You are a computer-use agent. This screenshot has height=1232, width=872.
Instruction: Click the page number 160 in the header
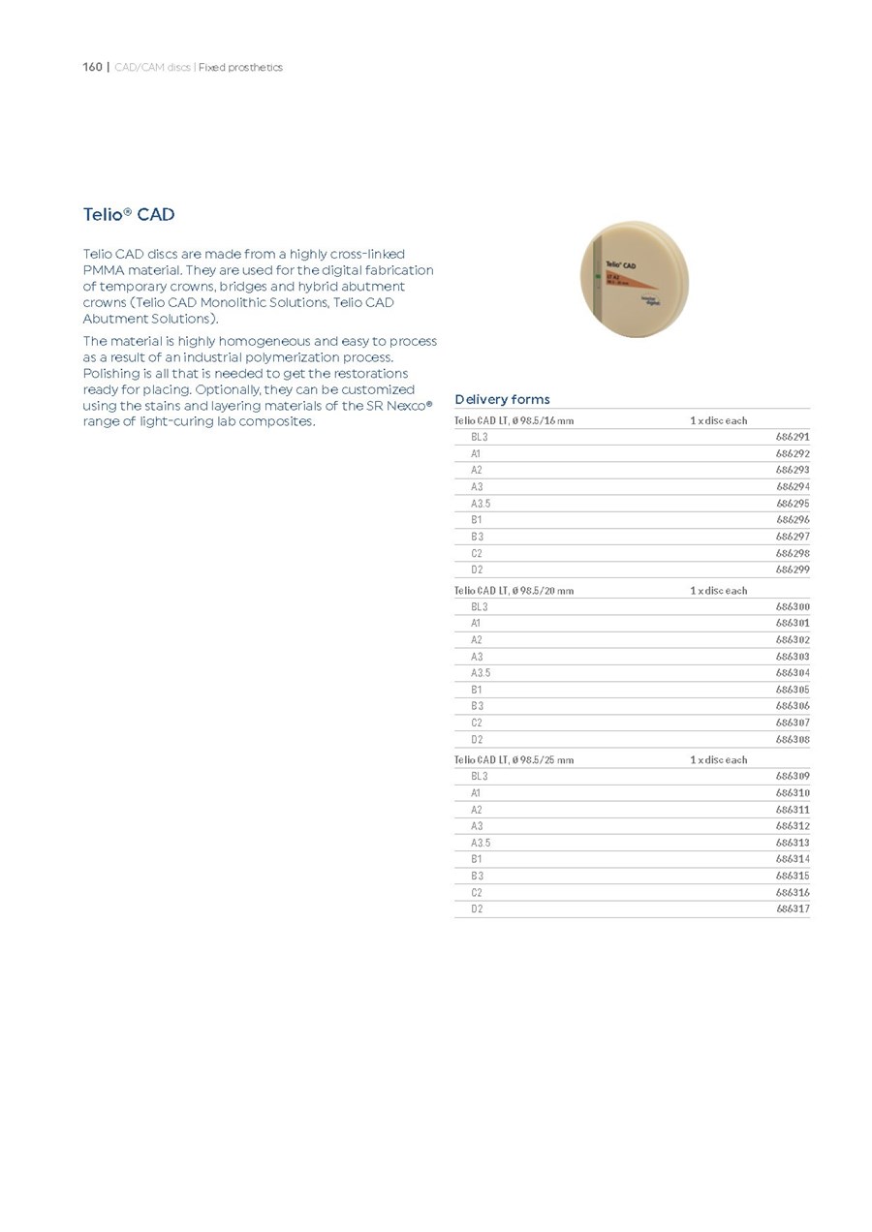tap(92, 67)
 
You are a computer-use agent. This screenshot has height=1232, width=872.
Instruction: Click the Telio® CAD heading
tap(129, 214)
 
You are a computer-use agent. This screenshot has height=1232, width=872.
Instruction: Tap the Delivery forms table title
tap(502, 399)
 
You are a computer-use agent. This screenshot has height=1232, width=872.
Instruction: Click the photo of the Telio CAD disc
tap(635, 278)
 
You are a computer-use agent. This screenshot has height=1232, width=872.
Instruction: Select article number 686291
tap(793, 437)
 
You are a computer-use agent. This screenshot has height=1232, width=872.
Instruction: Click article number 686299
tap(793, 570)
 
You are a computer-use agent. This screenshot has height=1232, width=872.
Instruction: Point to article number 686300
tap(793, 606)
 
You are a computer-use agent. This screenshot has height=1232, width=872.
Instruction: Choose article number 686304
tap(793, 673)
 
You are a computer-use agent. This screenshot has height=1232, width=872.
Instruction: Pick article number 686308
tap(793, 740)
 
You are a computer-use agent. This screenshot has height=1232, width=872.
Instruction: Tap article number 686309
tap(793, 776)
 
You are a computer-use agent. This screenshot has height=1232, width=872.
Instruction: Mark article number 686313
tap(793, 843)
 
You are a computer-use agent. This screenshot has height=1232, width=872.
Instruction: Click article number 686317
tap(793, 909)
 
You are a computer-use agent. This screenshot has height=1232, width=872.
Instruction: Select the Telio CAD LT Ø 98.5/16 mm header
tap(514, 420)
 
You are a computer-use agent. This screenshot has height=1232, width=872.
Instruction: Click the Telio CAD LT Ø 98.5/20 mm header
tap(514, 590)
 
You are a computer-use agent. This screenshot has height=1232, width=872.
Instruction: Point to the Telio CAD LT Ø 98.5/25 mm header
tap(514, 759)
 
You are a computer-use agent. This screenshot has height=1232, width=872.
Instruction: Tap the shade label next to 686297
tap(477, 537)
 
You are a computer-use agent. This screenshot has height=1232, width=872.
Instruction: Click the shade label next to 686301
tap(476, 623)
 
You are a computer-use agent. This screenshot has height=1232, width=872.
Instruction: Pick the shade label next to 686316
tap(477, 893)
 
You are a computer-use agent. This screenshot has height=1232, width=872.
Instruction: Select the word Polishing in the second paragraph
tap(111, 374)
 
